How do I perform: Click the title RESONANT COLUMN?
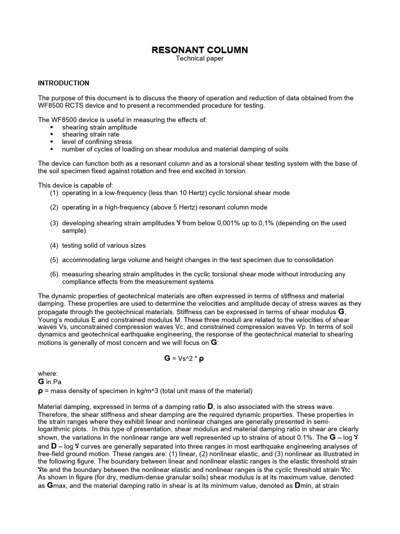[x=199, y=50]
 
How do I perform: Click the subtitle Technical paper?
[x=199, y=59]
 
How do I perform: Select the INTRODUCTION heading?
[x=64, y=83]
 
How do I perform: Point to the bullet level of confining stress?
[x=97, y=142]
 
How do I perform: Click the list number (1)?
[x=54, y=193]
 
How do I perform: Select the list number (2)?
[x=54, y=208]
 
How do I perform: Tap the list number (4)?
[x=54, y=245]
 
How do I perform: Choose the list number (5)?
[x=54, y=260]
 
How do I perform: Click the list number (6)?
[x=54, y=274]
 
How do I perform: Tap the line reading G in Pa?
[x=50, y=382]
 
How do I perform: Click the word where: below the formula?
[x=47, y=374]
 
